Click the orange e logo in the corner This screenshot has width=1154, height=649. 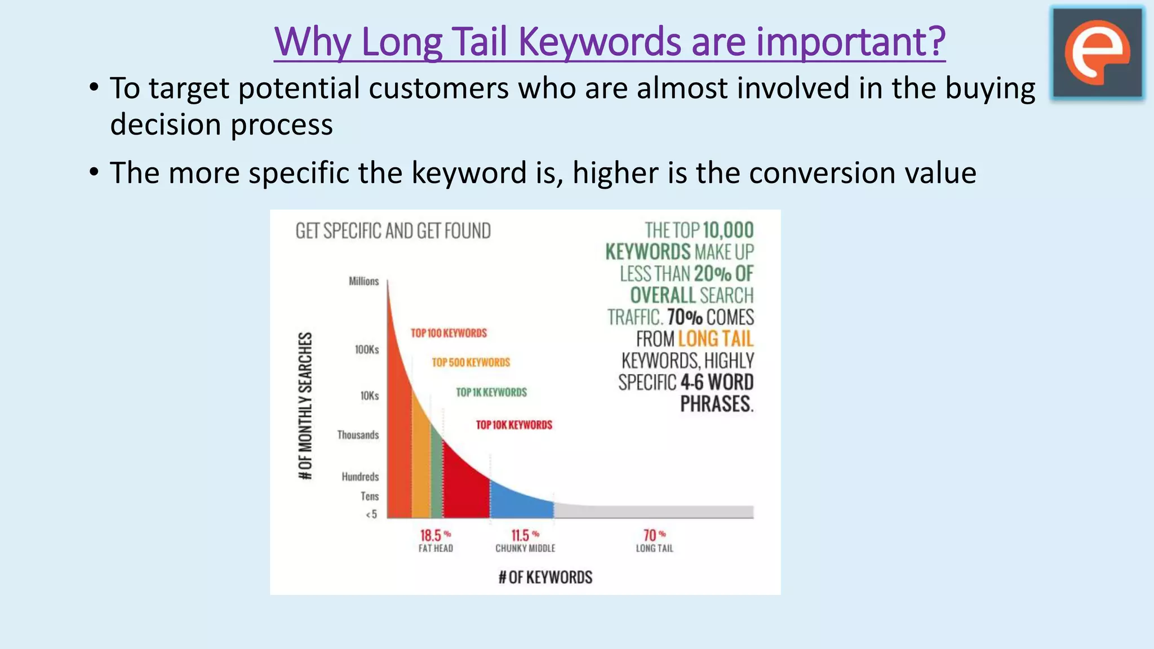coord(1098,53)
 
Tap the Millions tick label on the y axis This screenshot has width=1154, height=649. coord(363,281)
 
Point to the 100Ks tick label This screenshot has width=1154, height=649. coord(367,349)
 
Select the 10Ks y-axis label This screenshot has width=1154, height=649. coord(370,396)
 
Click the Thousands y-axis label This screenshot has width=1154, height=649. coord(358,435)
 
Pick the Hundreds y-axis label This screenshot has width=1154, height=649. coord(360,477)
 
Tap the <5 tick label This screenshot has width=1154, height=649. coord(371,514)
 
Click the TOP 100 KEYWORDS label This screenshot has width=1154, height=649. coord(449,333)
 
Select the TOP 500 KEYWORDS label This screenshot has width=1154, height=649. coord(471,362)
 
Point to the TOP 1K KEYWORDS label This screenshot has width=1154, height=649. coord(491,392)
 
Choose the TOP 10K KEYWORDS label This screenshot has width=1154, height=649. coord(514,425)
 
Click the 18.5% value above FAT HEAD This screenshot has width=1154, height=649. coord(434,535)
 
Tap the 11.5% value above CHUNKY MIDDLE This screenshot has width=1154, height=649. coord(525,535)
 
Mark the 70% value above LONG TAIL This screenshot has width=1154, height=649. coord(654,535)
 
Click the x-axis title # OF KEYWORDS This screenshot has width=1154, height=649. coord(545,577)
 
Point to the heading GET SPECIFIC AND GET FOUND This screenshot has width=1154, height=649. coord(393,231)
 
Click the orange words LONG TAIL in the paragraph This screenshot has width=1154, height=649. coord(716,339)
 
